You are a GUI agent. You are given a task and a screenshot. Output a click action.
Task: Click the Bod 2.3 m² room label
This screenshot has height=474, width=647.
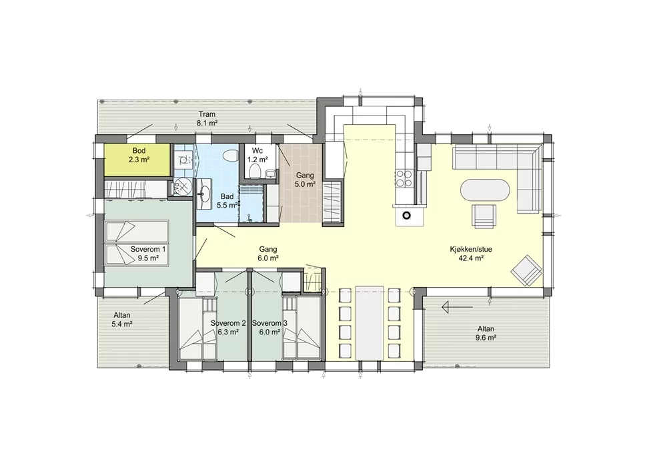click(139, 156)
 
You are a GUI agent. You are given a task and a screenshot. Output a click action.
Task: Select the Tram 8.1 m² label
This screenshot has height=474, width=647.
click(207, 119)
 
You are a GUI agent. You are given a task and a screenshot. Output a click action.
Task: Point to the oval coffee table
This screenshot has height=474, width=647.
click(485, 191)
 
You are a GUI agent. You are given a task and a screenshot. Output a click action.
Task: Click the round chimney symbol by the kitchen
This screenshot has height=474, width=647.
click(406, 215)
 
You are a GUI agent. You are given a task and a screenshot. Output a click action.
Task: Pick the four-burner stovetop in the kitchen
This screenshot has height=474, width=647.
click(403, 179)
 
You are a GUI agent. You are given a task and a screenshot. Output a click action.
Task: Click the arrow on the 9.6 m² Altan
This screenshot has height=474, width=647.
click(457, 307)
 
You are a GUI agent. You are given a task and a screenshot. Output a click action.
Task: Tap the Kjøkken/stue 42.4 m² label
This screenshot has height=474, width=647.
click(471, 254)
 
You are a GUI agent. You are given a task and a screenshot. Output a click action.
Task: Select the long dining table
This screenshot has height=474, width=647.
click(370, 323)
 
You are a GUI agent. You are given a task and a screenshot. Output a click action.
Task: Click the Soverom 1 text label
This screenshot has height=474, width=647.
click(148, 250)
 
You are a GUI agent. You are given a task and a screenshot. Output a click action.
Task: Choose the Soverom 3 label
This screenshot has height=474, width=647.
click(269, 323)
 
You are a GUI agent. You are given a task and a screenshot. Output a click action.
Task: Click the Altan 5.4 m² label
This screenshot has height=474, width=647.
click(121, 320)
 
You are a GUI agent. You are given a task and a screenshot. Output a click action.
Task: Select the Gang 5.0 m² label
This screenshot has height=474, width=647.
click(305, 180)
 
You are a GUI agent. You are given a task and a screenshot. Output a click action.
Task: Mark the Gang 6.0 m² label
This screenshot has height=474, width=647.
click(267, 254)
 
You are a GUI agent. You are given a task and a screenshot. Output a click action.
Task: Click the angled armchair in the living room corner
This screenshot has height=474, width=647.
click(526, 270)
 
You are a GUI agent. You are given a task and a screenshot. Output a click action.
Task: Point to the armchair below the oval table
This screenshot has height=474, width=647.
click(484, 216)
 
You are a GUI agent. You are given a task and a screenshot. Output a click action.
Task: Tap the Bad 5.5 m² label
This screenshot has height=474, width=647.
click(227, 201)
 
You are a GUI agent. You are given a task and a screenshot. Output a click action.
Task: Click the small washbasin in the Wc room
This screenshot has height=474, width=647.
click(271, 174)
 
